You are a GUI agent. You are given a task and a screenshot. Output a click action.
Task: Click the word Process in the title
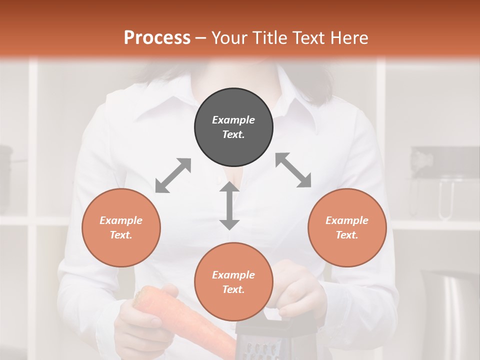[x=157, y=37]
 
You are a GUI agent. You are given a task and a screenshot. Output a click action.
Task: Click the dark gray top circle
[x=233, y=127]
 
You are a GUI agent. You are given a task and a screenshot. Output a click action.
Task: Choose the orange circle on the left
[x=121, y=227]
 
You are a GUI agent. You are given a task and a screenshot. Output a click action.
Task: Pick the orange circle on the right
[x=347, y=227]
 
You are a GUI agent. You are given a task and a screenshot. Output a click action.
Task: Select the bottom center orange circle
[x=233, y=282]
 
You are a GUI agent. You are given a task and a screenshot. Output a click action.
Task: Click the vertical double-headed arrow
[x=229, y=205]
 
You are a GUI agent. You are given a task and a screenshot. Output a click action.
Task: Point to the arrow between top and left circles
[x=173, y=175]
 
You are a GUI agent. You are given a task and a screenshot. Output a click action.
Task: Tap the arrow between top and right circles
[x=293, y=170]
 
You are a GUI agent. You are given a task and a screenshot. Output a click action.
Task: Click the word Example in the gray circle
[x=233, y=120]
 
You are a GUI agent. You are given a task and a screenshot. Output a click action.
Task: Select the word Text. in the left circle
[x=121, y=235]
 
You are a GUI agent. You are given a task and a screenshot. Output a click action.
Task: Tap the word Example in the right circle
[x=347, y=220]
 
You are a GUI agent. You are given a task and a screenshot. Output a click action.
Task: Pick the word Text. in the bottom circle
[x=233, y=289]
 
